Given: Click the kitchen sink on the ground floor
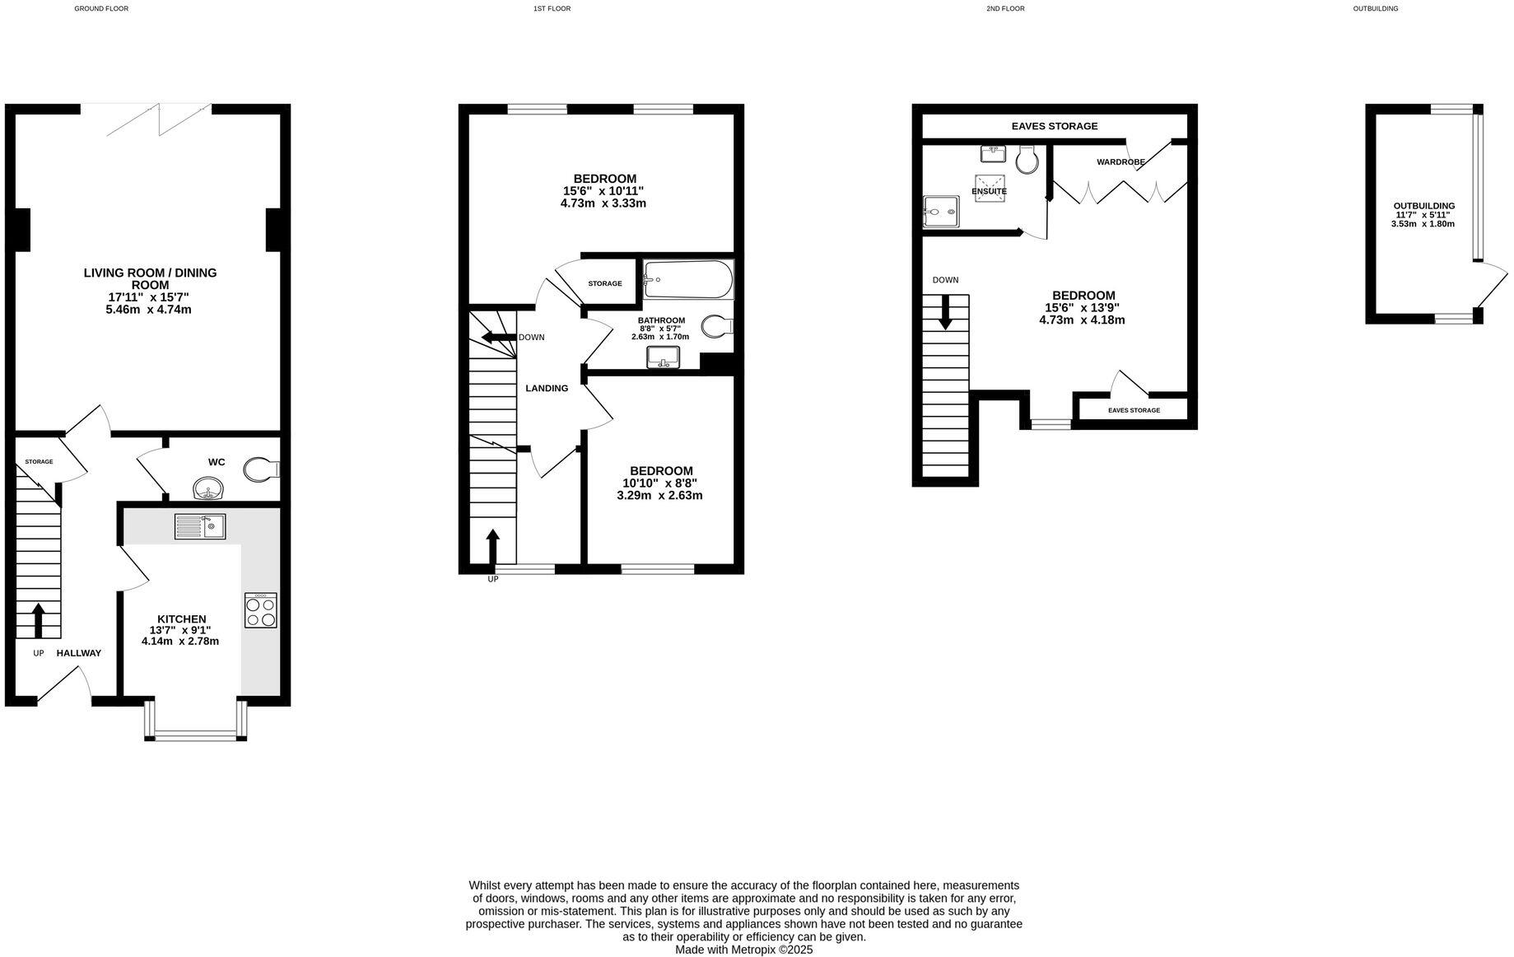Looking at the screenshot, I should coord(200,526).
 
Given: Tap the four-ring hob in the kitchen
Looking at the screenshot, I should coord(261,610).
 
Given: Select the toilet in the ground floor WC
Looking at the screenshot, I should coord(261,470).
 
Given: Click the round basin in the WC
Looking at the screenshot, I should coord(208,489).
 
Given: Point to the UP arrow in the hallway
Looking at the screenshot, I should coord(38,620).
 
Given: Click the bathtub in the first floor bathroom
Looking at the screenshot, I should coord(688,280).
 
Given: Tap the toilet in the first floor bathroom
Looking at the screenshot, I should coord(716,327).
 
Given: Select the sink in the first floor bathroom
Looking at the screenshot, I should coord(663,357).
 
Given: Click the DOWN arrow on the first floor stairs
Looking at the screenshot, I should coord(498,337).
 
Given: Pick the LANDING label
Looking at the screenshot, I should coord(547,389).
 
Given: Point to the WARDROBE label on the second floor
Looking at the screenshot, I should coord(1120,162).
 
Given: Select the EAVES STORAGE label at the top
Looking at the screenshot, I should coord(1054,126).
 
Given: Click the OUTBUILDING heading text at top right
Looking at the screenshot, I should coord(1375,9).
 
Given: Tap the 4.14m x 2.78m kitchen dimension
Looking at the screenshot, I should coord(180,641).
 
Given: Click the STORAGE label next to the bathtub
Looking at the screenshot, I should coord(605,284).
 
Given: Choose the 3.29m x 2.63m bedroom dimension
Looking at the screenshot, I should coord(659,496).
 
